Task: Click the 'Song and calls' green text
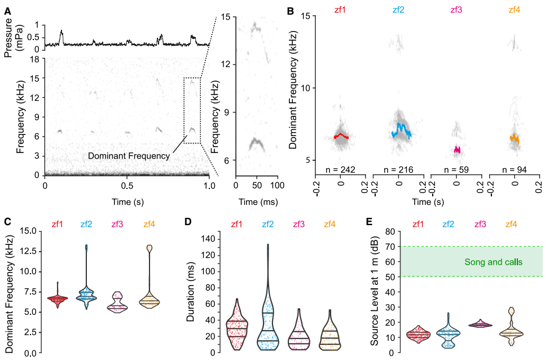494,262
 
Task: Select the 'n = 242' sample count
340,169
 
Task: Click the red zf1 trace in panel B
341,136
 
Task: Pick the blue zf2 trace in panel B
401,131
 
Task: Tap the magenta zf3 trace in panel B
457,150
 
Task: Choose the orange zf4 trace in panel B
515,138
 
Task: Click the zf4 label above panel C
149,225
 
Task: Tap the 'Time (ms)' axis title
257,201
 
